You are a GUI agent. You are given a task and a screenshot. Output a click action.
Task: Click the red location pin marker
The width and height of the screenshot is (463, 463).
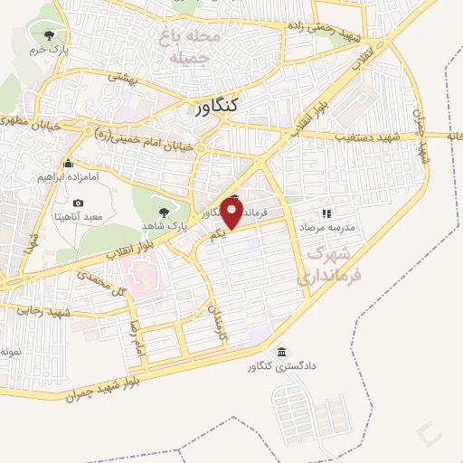tap(231, 212)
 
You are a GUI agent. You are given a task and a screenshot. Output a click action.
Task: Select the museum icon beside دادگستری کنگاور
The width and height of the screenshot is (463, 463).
tap(281, 351)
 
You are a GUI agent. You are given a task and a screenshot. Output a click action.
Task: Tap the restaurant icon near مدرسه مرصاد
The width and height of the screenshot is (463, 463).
tap(326, 214)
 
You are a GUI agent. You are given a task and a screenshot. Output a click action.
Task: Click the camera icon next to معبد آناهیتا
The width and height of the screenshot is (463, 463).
tap(78, 203)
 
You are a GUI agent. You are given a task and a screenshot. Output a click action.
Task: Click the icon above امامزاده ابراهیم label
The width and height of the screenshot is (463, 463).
tap(67, 164)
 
